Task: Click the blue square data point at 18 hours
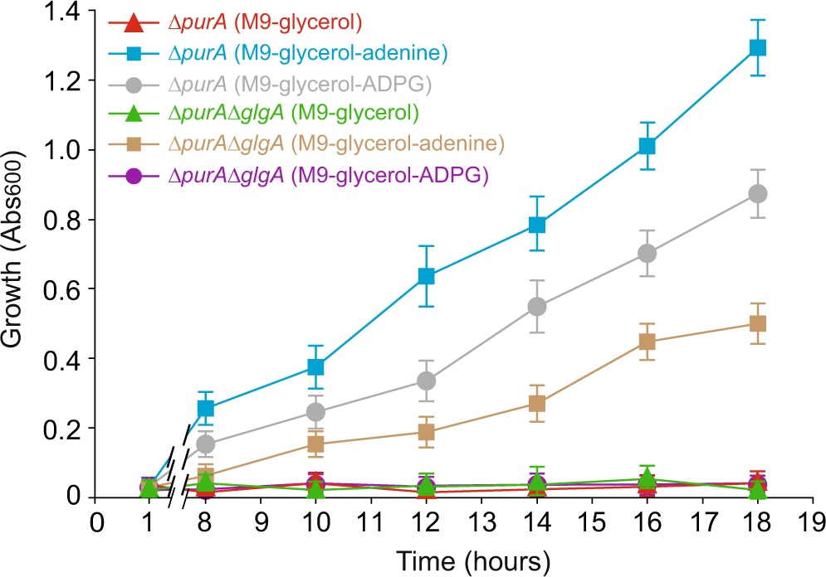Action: [757, 47]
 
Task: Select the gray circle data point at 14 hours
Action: [537, 307]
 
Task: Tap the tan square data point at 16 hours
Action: [648, 342]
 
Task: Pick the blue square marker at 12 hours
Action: [427, 276]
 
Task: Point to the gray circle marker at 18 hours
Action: [757, 193]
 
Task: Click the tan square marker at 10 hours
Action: [316, 444]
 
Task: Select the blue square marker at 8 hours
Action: [206, 408]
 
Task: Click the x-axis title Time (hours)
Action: [472, 560]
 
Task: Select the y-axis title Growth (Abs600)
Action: [18, 254]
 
